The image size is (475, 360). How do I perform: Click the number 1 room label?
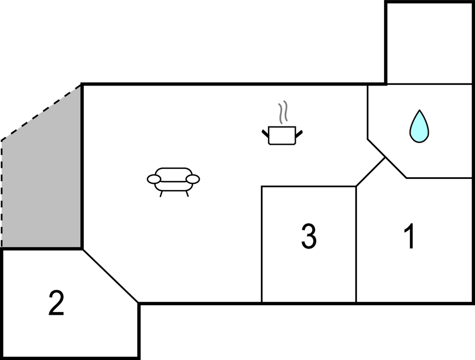(x=409, y=237)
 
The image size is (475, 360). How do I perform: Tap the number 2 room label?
(x=56, y=304)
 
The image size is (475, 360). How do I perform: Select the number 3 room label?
(x=308, y=236)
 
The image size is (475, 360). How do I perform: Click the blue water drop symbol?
(x=419, y=126)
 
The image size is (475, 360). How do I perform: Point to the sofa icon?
(x=173, y=180)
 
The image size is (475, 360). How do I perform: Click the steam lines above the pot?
(x=283, y=112)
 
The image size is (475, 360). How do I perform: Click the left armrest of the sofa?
(x=153, y=179)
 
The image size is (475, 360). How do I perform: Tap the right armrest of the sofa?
(x=193, y=179)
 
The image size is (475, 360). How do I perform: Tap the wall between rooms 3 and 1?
(x=356, y=246)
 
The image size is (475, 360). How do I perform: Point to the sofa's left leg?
(x=161, y=194)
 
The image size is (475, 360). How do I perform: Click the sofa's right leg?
(x=187, y=194)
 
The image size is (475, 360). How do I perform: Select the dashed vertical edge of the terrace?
(x=2, y=193)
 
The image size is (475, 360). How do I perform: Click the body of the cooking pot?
(x=282, y=136)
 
